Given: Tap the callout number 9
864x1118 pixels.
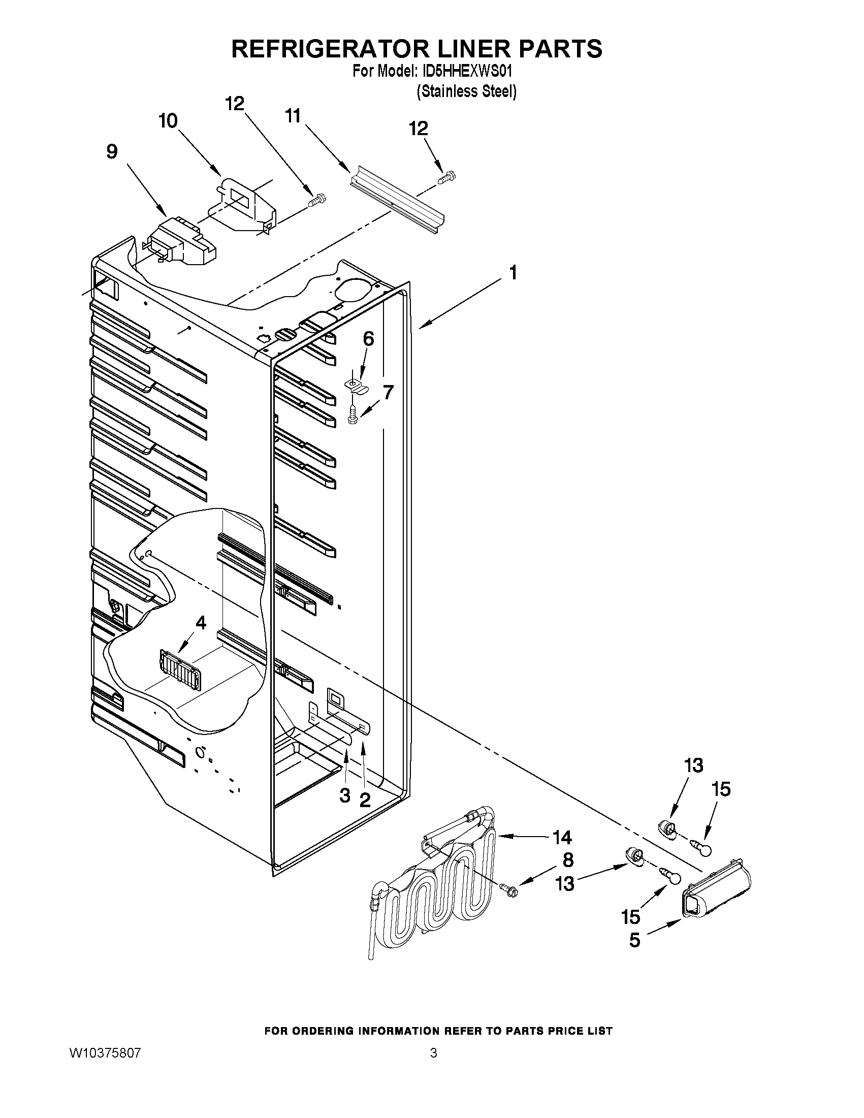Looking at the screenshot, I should (x=112, y=152).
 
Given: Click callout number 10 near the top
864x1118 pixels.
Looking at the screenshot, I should (x=168, y=121).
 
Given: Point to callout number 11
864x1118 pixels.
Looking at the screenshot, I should (x=292, y=117).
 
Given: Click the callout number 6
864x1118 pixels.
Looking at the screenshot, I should (x=369, y=339).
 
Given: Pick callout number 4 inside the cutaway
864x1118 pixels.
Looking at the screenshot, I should (x=201, y=623).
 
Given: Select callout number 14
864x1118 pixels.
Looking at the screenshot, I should (x=562, y=838).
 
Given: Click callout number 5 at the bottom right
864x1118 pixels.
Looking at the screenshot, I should (x=635, y=941).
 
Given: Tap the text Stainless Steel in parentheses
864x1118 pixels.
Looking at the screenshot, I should (x=466, y=91).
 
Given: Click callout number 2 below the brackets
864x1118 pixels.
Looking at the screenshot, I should (x=364, y=799).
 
